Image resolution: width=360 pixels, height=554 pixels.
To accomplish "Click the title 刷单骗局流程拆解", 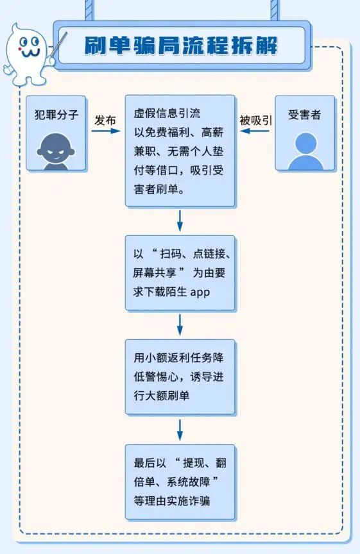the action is pos(181,46).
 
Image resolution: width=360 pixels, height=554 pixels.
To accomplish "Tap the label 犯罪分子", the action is pos(56,114).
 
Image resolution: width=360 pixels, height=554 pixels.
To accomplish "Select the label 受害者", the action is pos(304,114).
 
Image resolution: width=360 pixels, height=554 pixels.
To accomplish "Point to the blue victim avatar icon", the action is pos(305,151).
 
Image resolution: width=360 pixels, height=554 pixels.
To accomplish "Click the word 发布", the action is pos(105,121).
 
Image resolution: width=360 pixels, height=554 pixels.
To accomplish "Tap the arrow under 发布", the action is pos(106,131).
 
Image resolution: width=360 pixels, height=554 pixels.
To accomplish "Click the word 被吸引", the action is pos(255,121).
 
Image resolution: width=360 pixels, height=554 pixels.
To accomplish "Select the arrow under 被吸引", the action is pos(255,131).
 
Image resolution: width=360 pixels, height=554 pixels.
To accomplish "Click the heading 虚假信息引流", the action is pos(167,113).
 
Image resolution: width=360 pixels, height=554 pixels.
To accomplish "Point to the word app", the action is pos(200,292).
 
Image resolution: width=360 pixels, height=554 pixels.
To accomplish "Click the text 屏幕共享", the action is pos(154,273).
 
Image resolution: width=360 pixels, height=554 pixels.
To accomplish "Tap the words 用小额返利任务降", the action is pos(178,358).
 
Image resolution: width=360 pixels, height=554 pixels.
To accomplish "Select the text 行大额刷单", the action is pos(162,396).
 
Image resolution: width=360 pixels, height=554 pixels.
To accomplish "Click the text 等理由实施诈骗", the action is pos(172,501).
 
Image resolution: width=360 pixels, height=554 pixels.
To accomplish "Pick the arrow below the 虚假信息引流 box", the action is pos(180,221).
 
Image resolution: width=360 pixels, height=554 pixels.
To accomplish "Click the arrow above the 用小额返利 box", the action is pos(180,325).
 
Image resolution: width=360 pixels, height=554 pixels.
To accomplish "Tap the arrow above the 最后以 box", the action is pos(180,430).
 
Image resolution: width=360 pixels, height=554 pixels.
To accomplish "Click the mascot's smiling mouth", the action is pos(30,54).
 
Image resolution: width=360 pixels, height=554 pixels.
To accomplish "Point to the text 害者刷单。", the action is pos(159,189).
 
